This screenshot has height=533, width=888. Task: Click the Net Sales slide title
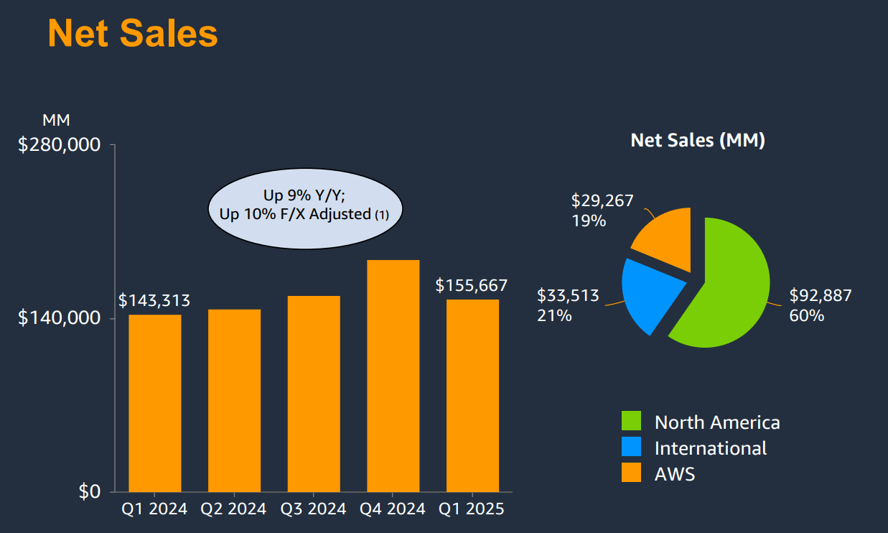tap(132, 33)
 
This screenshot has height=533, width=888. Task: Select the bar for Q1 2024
tap(155, 403)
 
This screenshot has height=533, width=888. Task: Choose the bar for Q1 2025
tap(472, 395)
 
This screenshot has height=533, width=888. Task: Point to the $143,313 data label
tap(154, 300)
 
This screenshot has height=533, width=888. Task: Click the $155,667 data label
tap(471, 285)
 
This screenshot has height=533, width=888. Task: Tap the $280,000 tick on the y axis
tap(59, 145)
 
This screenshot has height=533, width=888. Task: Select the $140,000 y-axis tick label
tap(59, 318)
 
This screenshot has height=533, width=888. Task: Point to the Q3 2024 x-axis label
tap(314, 509)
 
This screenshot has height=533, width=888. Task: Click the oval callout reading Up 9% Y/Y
tap(305, 205)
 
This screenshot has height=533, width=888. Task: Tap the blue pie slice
tap(650, 291)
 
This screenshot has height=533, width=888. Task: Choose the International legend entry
tap(710, 448)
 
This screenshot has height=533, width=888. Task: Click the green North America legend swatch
tap(631, 422)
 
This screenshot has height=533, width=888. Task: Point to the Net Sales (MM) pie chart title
tap(697, 140)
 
